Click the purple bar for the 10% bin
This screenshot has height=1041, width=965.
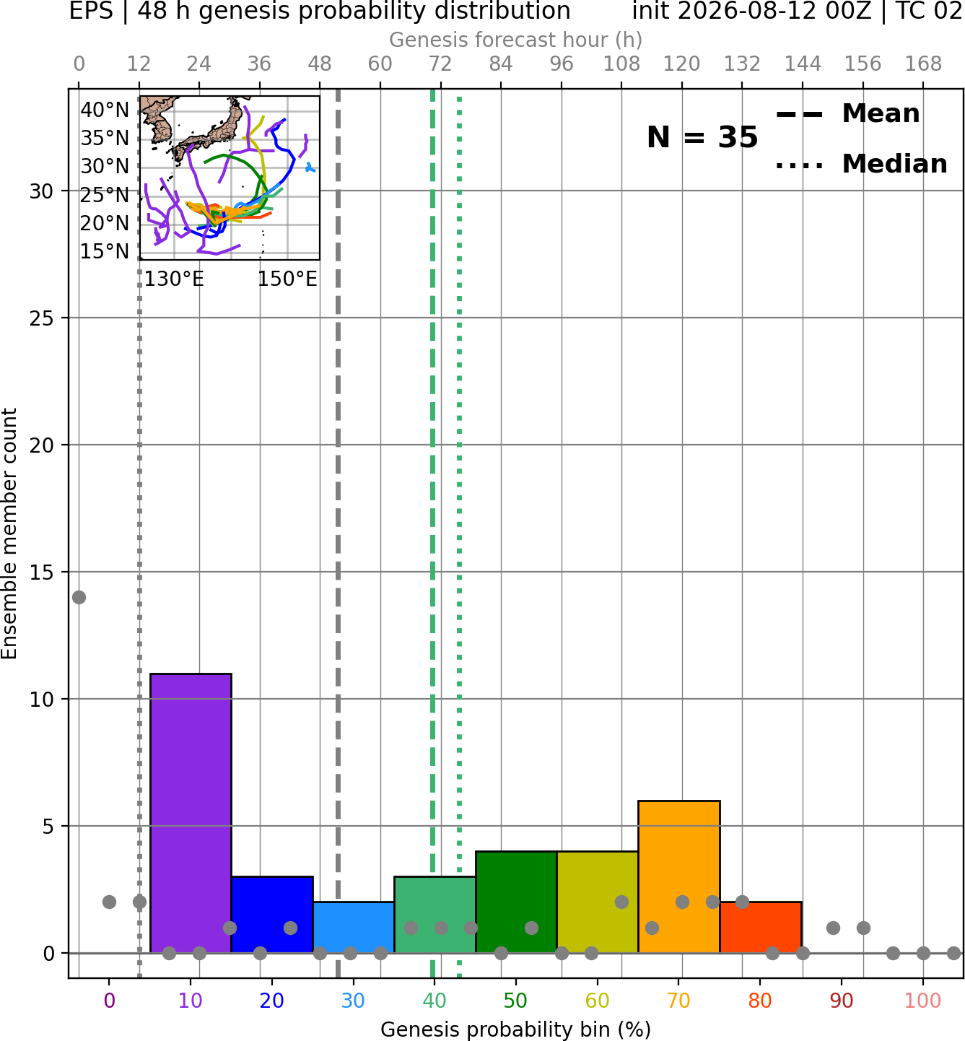pos(191,814)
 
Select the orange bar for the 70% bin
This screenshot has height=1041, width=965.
pos(679,877)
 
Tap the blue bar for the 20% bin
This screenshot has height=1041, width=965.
pos(273,915)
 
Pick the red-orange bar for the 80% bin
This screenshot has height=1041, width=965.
pos(761,928)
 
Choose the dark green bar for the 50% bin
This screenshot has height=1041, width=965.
pos(516,902)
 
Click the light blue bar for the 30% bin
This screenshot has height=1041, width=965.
pos(354,928)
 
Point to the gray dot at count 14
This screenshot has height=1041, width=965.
pos(79,598)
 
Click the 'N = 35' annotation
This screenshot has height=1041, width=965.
pos(702,137)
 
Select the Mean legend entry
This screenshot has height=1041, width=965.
pos(847,114)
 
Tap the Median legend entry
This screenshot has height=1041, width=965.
pos(862,164)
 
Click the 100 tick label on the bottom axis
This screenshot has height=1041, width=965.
pos(923,1001)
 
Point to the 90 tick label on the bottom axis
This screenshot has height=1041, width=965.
pos(842,1001)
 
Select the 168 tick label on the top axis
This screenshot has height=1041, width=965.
pos(924,64)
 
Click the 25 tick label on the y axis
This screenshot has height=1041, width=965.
pos(41,318)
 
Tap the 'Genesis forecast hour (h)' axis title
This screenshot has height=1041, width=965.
pos(516,40)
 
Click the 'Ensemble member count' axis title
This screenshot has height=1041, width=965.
pos(9,534)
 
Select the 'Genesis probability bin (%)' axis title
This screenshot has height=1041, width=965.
pos(516,1029)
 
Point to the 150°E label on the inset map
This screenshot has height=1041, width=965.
pos(287,279)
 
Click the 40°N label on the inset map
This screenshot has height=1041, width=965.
pos(105,110)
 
